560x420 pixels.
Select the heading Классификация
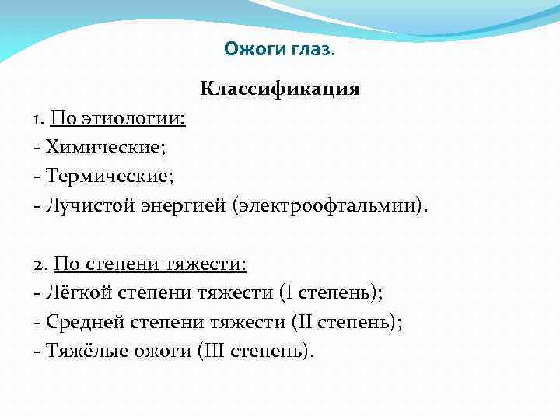[280, 88]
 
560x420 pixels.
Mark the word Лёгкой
[77, 293]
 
